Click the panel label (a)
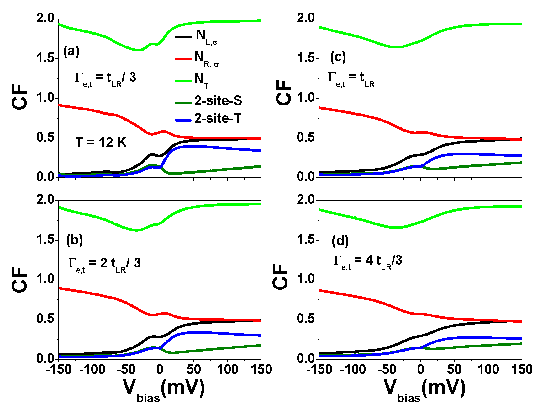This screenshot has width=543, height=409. [71, 51]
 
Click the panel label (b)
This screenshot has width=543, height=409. [74, 240]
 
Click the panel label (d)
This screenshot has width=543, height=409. [340, 241]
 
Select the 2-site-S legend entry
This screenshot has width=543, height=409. [218, 101]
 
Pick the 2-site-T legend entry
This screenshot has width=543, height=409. [218, 118]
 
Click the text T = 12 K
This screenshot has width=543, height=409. [101, 143]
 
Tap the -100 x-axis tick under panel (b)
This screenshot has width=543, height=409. [92, 369]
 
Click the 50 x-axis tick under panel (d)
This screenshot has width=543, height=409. [454, 369]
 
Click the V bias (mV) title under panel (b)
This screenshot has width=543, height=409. [164, 389]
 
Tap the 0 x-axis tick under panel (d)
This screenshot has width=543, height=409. [420, 369]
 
